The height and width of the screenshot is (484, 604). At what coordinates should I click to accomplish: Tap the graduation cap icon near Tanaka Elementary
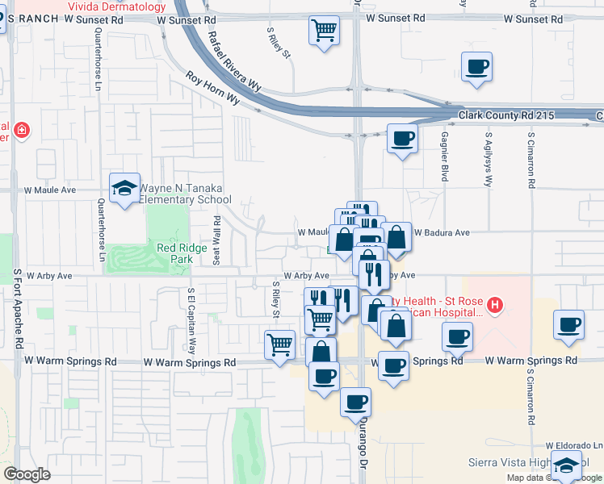coord(124,189)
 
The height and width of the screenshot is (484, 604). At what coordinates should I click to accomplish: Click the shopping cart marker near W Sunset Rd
coord(324,31)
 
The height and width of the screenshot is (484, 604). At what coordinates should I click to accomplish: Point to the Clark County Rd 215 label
coord(506,116)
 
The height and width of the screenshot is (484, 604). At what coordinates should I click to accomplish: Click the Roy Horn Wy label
coord(213,88)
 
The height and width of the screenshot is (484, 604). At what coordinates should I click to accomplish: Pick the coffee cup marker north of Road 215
coord(476,66)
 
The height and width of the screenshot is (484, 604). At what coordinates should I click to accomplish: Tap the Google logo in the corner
coord(27,474)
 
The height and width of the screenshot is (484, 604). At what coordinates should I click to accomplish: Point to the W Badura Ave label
coord(442,232)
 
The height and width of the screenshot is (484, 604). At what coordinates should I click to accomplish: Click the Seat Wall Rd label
coord(216,240)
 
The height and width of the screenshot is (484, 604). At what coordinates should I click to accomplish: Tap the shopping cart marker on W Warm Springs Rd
coord(279,344)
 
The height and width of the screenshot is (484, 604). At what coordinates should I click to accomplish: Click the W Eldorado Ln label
coord(573,445)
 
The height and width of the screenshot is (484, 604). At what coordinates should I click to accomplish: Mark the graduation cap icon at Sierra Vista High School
coord(566,465)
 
